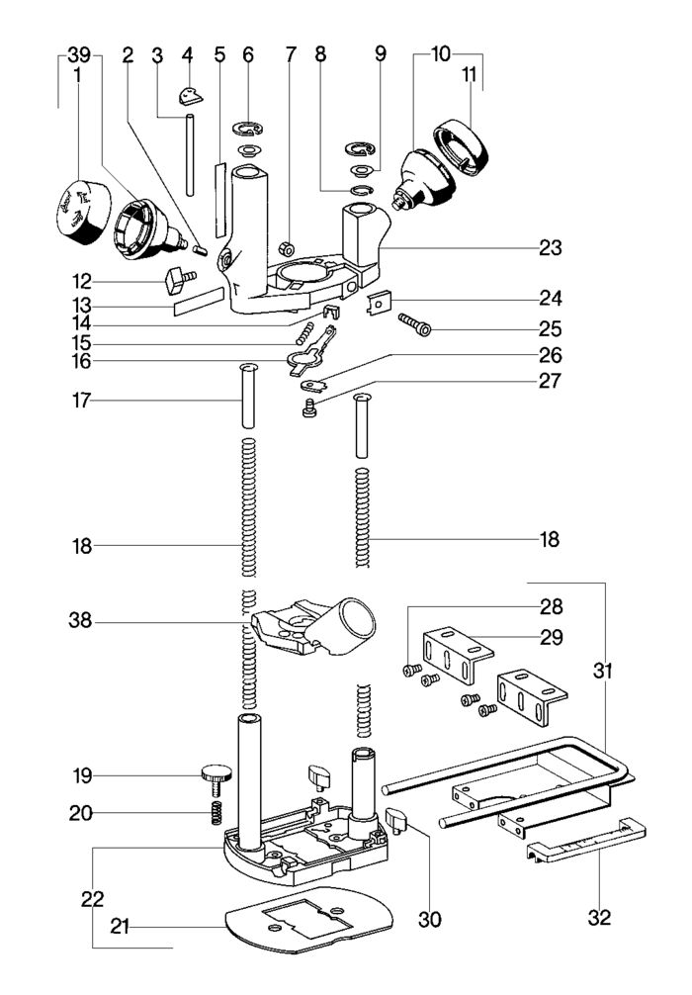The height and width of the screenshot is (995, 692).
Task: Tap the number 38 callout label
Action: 82,622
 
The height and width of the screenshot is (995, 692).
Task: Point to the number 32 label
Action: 599,918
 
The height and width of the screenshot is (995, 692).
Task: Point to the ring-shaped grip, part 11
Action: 462,144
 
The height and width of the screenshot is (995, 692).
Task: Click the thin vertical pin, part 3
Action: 187,155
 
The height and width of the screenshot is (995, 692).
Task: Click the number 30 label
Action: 428,919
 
